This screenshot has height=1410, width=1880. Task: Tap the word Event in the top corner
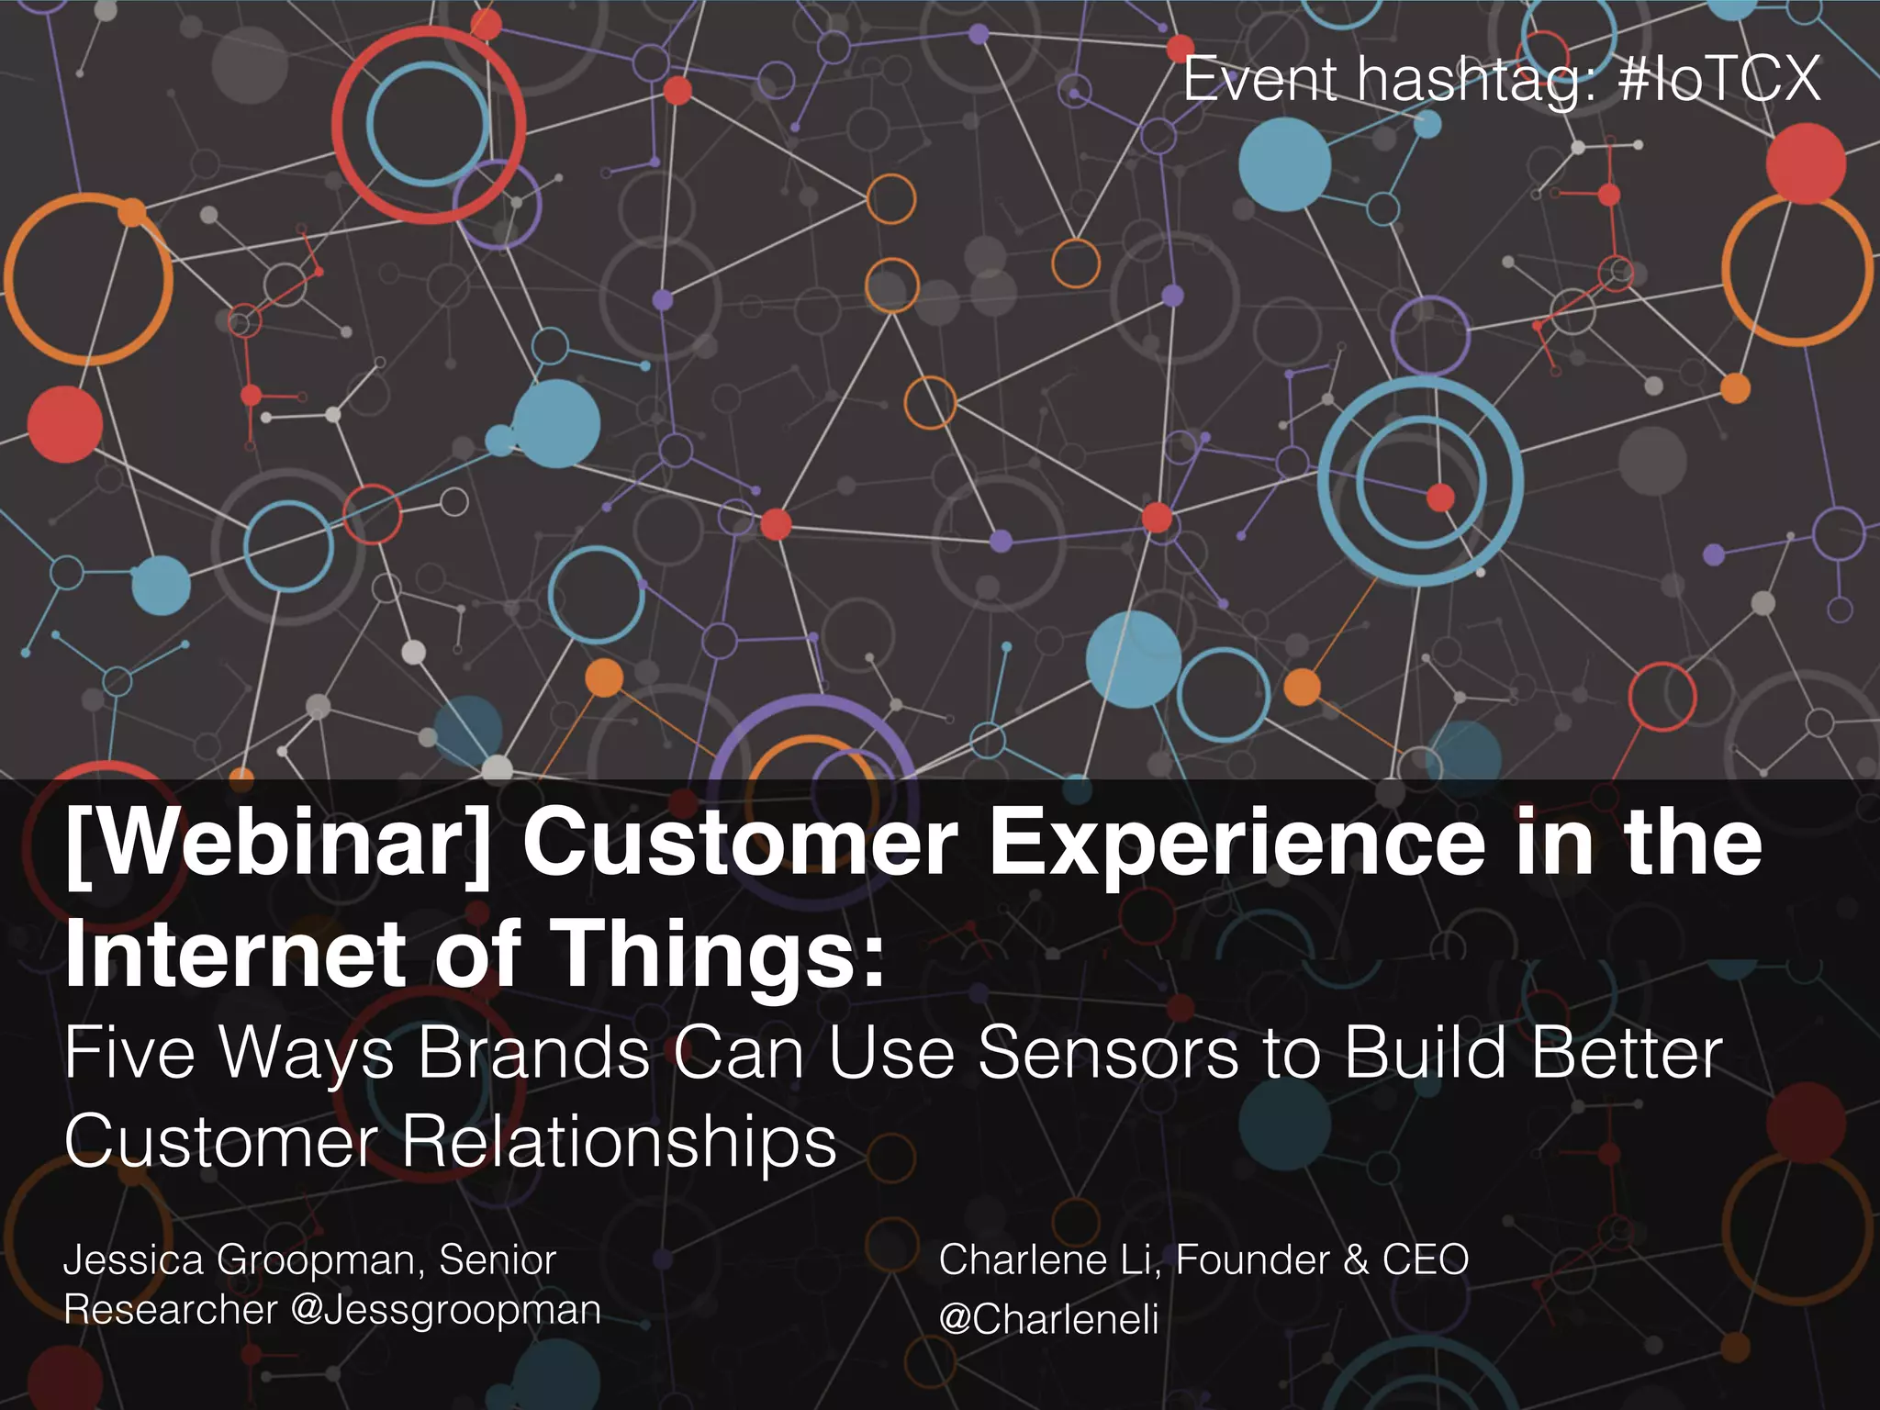(x=1259, y=79)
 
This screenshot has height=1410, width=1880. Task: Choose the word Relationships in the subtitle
(x=620, y=1142)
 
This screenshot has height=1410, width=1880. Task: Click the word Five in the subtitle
(x=129, y=1054)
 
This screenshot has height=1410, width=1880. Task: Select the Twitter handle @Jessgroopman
(x=446, y=1310)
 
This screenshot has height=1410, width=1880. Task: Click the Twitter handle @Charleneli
(x=1048, y=1320)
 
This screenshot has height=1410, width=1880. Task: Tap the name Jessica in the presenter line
(x=133, y=1260)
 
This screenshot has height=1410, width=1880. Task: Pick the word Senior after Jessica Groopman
(x=498, y=1260)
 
